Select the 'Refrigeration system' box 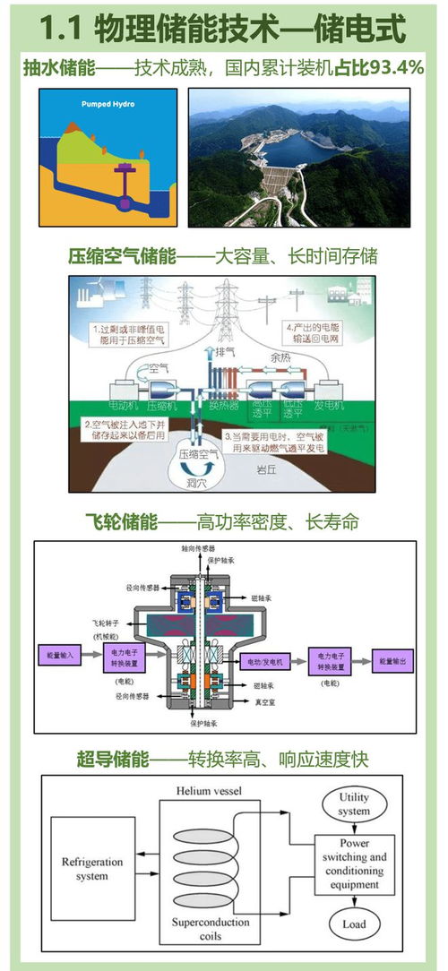point(86,869)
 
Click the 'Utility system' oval point(354,803)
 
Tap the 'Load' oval point(354,924)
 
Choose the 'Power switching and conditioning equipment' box point(353,864)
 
